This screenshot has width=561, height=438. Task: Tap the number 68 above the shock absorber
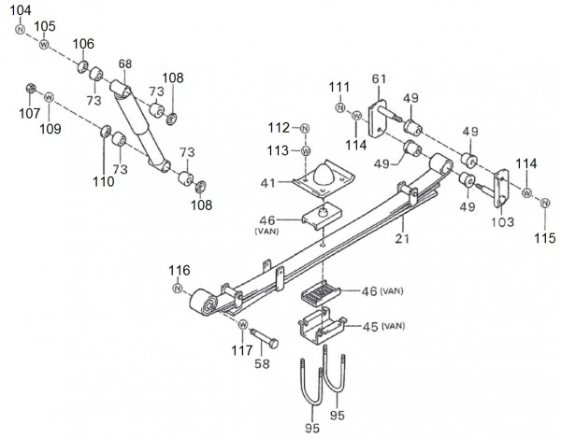tap(125, 64)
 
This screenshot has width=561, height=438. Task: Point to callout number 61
tap(380, 78)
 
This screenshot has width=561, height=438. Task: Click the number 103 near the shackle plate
tap(502, 224)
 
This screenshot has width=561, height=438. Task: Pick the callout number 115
tap(545, 238)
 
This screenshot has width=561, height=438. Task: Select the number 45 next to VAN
tap(368, 326)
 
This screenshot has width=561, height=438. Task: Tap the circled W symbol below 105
tap(43, 45)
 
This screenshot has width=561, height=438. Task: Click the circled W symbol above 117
tap(242, 325)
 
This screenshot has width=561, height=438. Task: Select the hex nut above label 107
tap(31, 91)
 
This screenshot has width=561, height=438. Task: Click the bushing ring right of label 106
tap(96, 73)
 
